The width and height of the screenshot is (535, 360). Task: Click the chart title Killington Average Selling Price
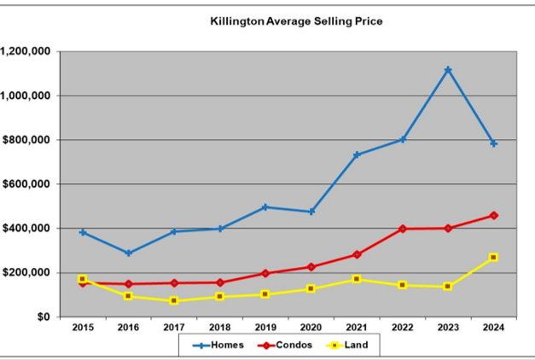point(296,20)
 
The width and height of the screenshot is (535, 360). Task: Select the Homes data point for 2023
point(448,70)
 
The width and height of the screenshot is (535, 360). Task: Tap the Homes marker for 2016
point(128,253)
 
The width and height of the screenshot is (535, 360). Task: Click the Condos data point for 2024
point(494,216)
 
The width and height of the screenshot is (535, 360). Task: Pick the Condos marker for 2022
point(402,229)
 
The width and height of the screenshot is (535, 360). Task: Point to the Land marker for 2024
point(494,258)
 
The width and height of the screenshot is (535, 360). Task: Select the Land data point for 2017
point(174,301)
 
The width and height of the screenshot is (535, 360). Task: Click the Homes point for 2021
point(357,155)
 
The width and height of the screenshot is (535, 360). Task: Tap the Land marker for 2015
point(83,279)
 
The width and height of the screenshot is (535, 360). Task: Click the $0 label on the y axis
point(44,317)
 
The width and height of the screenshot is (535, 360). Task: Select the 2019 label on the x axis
point(265,328)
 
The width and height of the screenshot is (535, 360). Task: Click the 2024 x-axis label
point(494,328)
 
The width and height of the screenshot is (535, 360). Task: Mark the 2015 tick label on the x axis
point(83,328)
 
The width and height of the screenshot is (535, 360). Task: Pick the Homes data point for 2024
point(494,143)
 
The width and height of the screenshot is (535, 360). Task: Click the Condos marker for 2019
point(265,274)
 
